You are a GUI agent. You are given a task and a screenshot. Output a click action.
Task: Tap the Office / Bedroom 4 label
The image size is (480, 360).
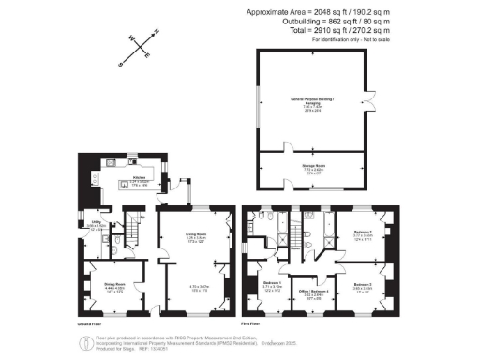[x=306, y=292]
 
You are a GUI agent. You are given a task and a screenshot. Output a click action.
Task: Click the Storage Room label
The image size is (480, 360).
[x=314, y=170]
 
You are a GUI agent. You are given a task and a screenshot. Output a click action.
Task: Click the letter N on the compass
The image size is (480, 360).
[x=157, y=31]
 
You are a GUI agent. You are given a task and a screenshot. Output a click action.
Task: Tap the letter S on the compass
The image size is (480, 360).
[x=121, y=65]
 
